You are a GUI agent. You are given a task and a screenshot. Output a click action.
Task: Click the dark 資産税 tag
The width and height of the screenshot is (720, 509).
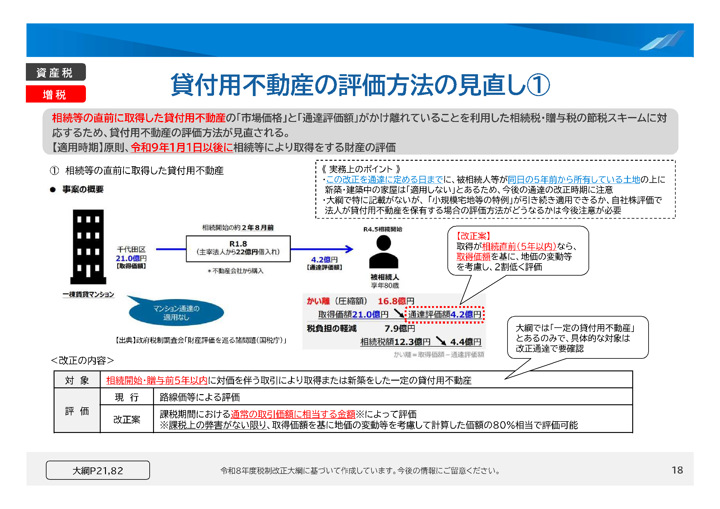55,72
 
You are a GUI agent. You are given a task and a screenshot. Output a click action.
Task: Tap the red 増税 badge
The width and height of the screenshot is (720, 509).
55,94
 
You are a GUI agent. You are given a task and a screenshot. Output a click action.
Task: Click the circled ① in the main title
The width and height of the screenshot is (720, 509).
538,85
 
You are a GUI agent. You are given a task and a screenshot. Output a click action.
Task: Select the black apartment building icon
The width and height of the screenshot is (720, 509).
88,247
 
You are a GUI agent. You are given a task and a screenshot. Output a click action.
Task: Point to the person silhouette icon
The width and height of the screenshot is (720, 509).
383,252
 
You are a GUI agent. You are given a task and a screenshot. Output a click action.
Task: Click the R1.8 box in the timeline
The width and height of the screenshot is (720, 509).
238,248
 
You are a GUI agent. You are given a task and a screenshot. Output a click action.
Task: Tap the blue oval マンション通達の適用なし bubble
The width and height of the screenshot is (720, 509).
176,313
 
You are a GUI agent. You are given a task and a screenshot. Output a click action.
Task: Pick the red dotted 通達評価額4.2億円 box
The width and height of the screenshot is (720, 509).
444,315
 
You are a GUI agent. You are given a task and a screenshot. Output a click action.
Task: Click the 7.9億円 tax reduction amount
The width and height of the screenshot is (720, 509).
399,329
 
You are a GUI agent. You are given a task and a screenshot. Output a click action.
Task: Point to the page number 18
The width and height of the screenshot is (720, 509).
677,470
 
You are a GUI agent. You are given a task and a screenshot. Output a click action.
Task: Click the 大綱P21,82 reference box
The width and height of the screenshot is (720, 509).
98,470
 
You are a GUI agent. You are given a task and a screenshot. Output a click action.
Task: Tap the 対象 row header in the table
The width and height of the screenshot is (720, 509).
77,380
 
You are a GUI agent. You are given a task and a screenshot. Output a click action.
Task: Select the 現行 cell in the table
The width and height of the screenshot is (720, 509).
127,397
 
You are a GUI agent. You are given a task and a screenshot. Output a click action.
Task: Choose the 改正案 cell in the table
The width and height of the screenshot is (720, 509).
127,419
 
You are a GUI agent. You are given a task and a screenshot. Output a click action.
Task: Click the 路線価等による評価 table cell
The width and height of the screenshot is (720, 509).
200,397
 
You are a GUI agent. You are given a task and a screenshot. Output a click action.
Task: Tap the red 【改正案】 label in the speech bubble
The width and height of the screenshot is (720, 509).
473,236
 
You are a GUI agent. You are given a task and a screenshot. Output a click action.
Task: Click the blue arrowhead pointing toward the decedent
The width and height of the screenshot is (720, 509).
349,249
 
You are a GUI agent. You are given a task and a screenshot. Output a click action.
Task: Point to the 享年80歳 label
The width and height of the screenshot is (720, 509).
385,285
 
